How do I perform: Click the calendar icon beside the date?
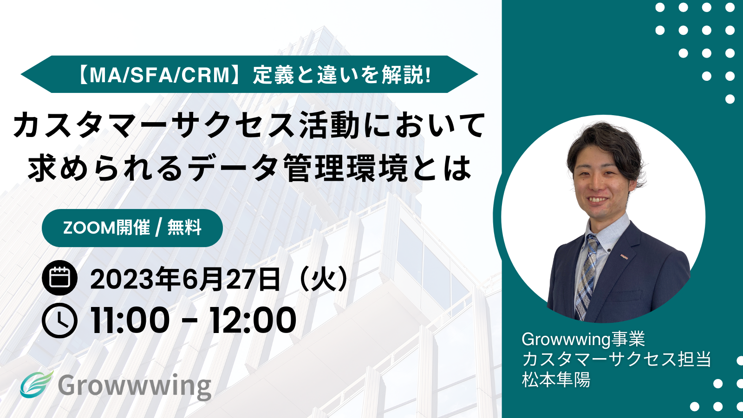60,278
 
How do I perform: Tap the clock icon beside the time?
60,320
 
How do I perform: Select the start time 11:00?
130,320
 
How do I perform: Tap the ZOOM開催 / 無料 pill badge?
132,228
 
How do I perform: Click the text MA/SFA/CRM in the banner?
160,75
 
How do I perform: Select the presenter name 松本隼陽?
556,380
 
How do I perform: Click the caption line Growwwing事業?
583,339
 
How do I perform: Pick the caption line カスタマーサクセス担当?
617,359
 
